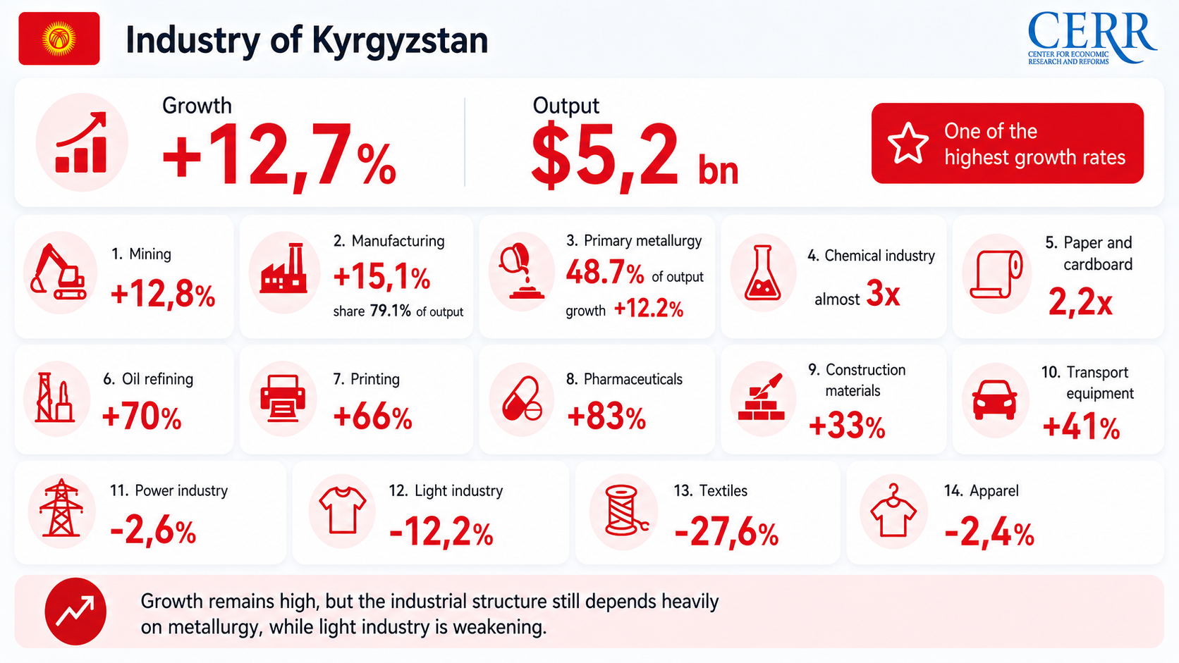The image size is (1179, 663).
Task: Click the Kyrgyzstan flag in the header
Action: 59,38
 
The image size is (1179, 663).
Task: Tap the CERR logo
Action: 1092,38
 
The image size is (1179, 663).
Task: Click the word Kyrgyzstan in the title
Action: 400,41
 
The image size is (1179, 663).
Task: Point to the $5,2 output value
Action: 604,155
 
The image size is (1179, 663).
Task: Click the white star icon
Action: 908,143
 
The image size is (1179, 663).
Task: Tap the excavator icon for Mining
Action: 59,272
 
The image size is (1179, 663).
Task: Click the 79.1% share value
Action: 390,311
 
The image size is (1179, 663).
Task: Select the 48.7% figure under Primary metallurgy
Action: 605,273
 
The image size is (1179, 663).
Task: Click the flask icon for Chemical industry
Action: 762,273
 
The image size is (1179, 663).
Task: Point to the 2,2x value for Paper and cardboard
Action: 1080,302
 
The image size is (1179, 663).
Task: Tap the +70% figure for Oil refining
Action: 142,418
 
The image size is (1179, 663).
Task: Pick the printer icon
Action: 283,399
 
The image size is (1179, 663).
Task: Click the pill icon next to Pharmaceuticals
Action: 522,399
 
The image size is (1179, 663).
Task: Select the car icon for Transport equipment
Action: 994,400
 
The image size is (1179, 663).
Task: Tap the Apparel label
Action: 994,490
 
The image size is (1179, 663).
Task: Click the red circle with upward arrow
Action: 75,612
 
